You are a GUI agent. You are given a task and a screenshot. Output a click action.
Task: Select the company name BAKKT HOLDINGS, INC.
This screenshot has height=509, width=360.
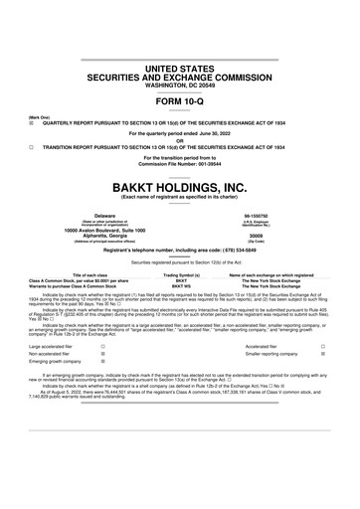click(x=180, y=187)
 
